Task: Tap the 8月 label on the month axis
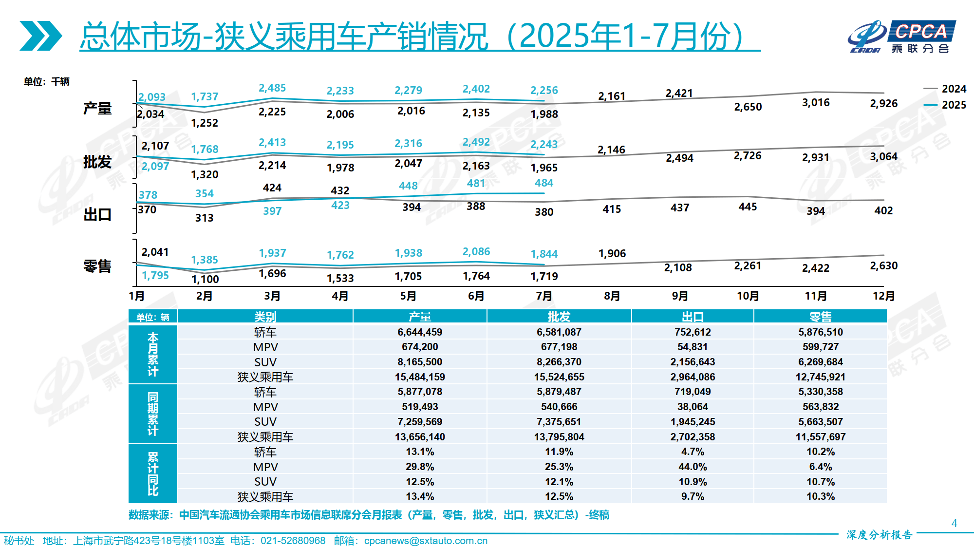[612, 296]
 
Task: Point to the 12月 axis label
[883, 296]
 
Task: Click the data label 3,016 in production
[816, 103]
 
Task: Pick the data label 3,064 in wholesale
[883, 156]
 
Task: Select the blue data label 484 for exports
[544, 183]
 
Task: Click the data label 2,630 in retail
[883, 265]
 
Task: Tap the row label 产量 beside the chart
[97, 108]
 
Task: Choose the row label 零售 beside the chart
[97, 266]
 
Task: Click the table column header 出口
[693, 317]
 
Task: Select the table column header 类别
[265, 317]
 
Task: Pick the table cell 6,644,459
[420, 332]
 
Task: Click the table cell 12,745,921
[820, 377]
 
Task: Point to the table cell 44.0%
[693, 467]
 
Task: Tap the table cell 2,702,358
[693, 437]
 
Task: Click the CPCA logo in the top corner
[901, 37]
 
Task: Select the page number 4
[954, 523]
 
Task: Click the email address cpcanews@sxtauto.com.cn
[426, 541]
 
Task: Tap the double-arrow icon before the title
[41, 36]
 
